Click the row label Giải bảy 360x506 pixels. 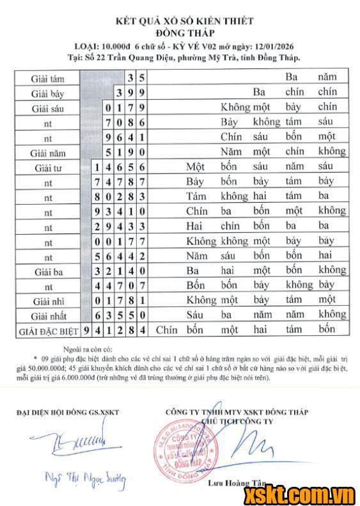47,93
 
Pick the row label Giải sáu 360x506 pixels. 47,108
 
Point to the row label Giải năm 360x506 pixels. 47,153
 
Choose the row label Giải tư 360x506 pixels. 47,168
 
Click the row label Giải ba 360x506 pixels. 47,272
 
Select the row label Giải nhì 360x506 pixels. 47,301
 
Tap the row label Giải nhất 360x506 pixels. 47,315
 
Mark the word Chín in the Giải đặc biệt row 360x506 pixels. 166,330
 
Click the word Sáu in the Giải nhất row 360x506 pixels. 194,315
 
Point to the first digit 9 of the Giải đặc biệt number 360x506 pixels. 87,331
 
